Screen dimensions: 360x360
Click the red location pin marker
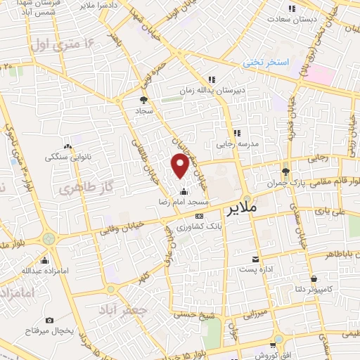tap(181, 165)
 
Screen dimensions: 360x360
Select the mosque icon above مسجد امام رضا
tap(184, 191)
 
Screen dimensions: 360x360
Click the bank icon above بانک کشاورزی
tap(200, 216)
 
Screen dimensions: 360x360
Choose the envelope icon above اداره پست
tap(255, 259)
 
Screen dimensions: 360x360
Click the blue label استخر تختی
tap(266, 63)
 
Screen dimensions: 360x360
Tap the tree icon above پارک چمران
tap(285, 171)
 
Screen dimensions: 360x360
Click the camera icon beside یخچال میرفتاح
tap(49, 301)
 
